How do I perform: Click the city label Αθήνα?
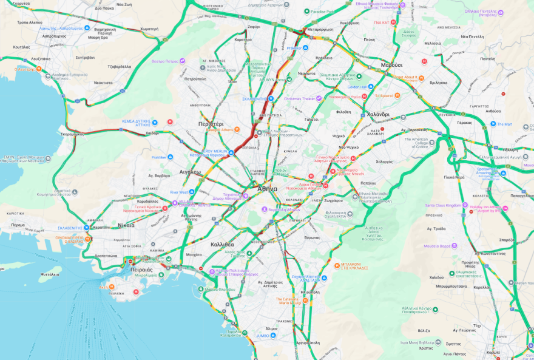coord(267,188)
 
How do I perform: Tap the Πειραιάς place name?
coord(141,268)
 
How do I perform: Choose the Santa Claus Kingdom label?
coord(447,205)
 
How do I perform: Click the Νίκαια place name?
coord(126,225)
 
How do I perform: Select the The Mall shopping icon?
coord(493,124)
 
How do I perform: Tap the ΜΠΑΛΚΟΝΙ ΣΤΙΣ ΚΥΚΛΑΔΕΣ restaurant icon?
coord(337,265)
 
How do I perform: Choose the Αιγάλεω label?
coord(190,172)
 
